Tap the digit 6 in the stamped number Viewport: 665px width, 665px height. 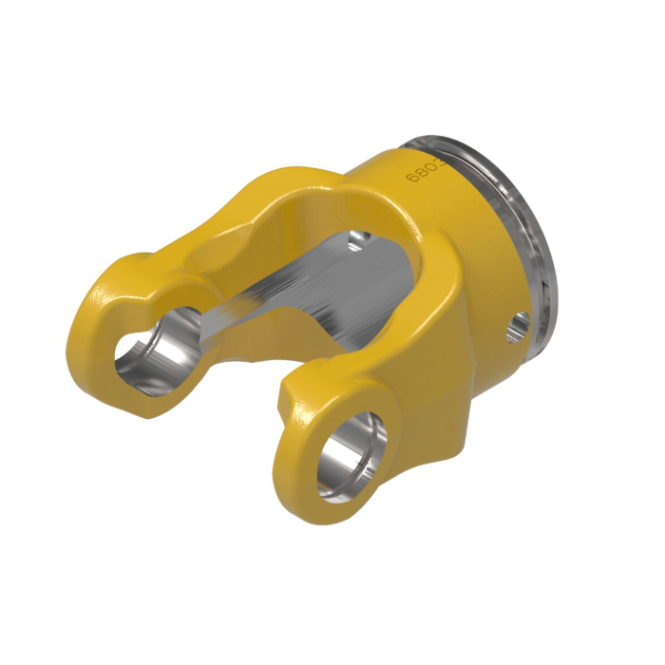(x=411, y=178)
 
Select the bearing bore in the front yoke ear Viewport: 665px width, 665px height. (x=351, y=452)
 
